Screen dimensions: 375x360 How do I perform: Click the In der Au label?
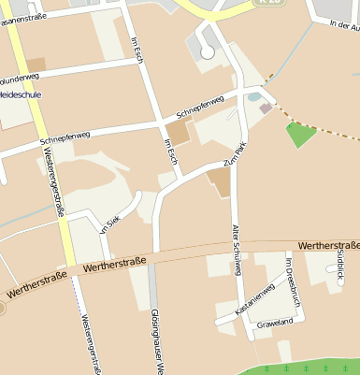(x=342, y=25)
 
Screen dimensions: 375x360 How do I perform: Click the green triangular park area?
(x=299, y=134)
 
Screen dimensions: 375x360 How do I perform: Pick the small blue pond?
(x=254, y=96)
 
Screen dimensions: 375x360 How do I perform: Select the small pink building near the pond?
(x=266, y=108)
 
